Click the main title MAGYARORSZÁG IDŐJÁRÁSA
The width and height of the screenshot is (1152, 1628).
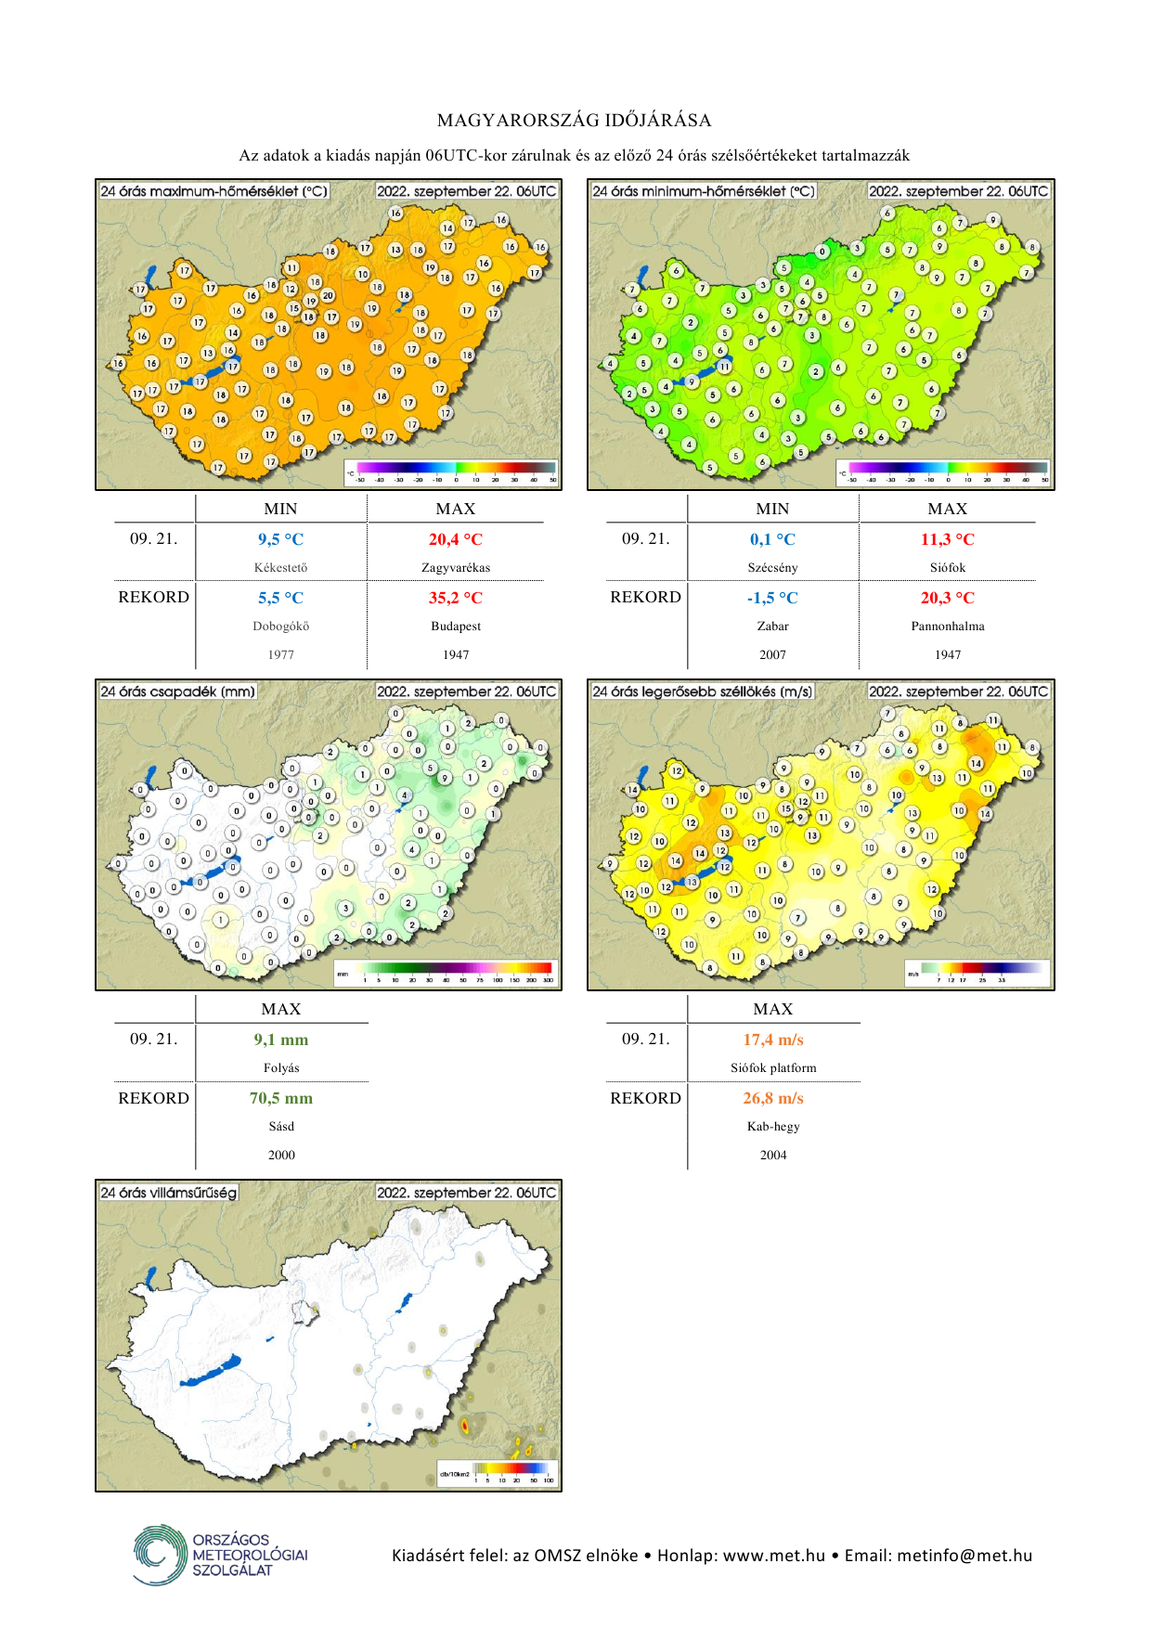(x=575, y=121)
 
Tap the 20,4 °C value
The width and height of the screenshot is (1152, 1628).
(x=455, y=539)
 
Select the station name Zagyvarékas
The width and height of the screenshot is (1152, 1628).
(x=455, y=568)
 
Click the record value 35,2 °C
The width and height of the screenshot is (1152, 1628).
(x=455, y=598)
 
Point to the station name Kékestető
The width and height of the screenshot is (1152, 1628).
(x=280, y=568)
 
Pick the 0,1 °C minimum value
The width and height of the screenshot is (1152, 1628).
(x=772, y=539)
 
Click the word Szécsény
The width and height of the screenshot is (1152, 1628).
(x=772, y=568)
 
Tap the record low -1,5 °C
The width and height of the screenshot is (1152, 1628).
(x=772, y=598)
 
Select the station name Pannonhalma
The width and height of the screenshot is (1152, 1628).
(x=947, y=627)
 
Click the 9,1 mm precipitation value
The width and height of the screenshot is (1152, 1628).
(x=280, y=1040)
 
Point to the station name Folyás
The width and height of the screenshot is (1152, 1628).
(x=280, y=1068)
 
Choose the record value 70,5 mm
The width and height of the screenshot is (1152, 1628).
(x=280, y=1098)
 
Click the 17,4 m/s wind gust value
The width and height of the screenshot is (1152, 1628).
(x=772, y=1040)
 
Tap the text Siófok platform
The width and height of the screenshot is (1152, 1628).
(x=772, y=1068)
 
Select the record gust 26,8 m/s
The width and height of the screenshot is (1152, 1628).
(x=772, y=1098)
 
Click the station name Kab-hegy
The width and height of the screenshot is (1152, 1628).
(x=772, y=1127)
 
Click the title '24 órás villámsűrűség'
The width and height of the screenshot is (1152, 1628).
(x=169, y=1193)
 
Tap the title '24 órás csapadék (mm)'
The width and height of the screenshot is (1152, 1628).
(x=177, y=691)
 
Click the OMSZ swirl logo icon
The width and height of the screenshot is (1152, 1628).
(x=160, y=1554)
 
